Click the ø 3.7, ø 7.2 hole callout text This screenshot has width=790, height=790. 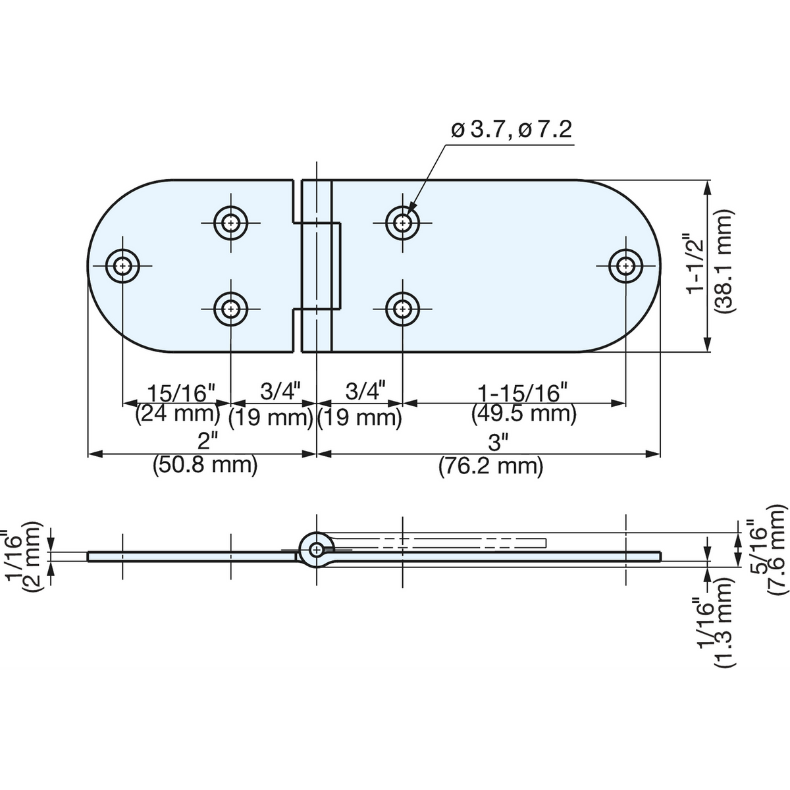tap(512, 130)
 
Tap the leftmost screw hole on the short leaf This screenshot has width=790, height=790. tap(122, 266)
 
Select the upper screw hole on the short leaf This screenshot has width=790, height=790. tap(231, 223)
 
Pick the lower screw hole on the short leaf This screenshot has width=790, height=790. tap(231, 309)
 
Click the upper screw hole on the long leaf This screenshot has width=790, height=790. tap(403, 223)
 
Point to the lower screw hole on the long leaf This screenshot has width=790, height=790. tap(403, 309)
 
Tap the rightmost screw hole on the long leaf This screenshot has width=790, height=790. tap(625, 266)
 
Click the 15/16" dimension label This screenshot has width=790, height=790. tap(181, 392)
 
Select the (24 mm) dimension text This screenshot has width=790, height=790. tap(178, 413)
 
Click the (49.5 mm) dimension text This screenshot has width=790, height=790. tap(524, 413)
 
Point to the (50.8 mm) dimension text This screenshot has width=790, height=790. tap(205, 465)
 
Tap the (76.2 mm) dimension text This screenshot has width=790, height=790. tap(490, 466)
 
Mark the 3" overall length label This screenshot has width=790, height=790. tap(498, 443)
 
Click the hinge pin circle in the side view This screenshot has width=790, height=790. tap(316, 550)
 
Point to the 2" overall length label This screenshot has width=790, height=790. tap(204, 442)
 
